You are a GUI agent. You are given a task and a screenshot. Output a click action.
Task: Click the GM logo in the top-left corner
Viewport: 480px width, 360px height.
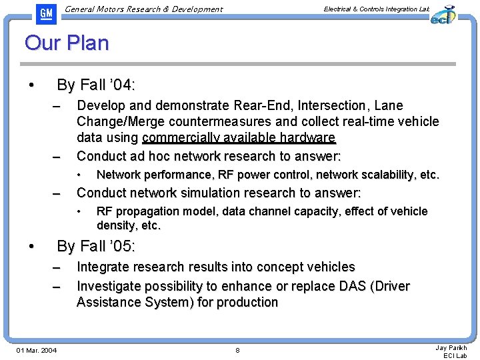click(45, 13)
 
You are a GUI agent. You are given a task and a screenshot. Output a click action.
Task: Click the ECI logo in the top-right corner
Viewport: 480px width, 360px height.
click(443, 15)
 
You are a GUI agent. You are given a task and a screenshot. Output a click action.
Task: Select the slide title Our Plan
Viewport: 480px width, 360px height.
click(67, 43)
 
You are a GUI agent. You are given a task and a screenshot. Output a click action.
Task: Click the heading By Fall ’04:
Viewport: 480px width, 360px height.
click(96, 85)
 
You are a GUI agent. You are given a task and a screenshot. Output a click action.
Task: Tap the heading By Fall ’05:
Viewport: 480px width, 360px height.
click(96, 246)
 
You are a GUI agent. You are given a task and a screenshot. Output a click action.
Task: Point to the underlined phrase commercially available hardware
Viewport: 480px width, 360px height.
click(239, 138)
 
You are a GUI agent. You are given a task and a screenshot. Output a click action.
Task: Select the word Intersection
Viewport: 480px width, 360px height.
click(331, 105)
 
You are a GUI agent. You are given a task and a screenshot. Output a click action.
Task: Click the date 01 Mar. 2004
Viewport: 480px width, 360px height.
click(37, 351)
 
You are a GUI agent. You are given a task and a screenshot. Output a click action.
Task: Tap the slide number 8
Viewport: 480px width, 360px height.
click(237, 351)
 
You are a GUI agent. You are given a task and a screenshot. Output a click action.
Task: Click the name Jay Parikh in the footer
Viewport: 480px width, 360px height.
click(451, 348)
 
